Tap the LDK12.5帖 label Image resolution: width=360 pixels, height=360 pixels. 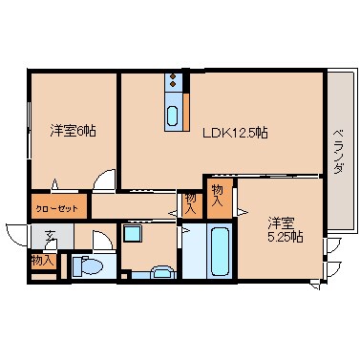tap(234, 133)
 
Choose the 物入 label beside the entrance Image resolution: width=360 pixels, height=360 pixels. tap(41, 260)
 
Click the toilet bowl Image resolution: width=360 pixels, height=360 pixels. tap(86, 266)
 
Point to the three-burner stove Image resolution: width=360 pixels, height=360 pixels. tap(173, 81)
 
